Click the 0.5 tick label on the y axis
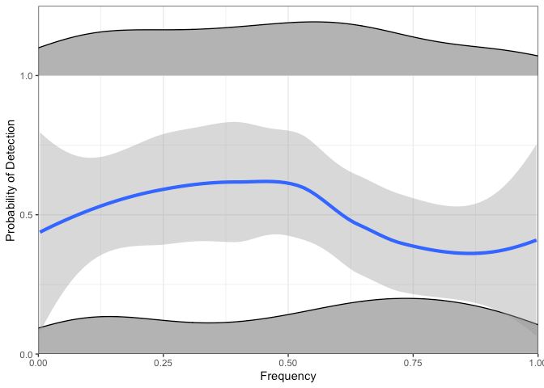coord(25,215)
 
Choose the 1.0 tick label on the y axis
coord(25,76)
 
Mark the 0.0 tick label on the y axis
coord(25,354)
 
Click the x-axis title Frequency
coord(287,377)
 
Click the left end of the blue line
coord(39,231)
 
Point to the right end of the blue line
coord(537,240)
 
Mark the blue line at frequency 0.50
coord(287,183)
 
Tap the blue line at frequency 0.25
coord(163,189)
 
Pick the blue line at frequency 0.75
coord(413,245)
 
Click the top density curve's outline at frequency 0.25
coord(163,30)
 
